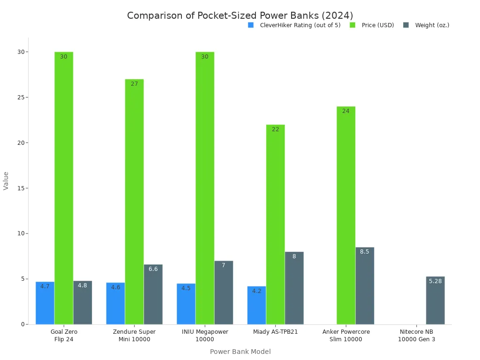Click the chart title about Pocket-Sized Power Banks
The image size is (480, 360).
240,15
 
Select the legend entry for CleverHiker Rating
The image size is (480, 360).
300,25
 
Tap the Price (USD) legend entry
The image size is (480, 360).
377,25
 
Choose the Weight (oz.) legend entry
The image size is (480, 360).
432,25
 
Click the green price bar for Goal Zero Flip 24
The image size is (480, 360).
64,187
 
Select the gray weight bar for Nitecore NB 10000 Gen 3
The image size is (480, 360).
435,300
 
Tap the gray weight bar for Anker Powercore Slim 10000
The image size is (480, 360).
365,285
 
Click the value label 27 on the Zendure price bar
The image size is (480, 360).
135,84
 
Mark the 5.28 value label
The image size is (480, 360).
435,281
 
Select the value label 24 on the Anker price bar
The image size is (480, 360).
346,111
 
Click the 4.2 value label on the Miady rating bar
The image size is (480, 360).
256,291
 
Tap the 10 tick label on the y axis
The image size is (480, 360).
20,233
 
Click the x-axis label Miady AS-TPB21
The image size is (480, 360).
275,332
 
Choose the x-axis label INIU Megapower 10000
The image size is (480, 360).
205,335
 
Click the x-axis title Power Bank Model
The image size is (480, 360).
240,352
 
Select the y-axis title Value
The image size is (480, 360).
6,180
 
